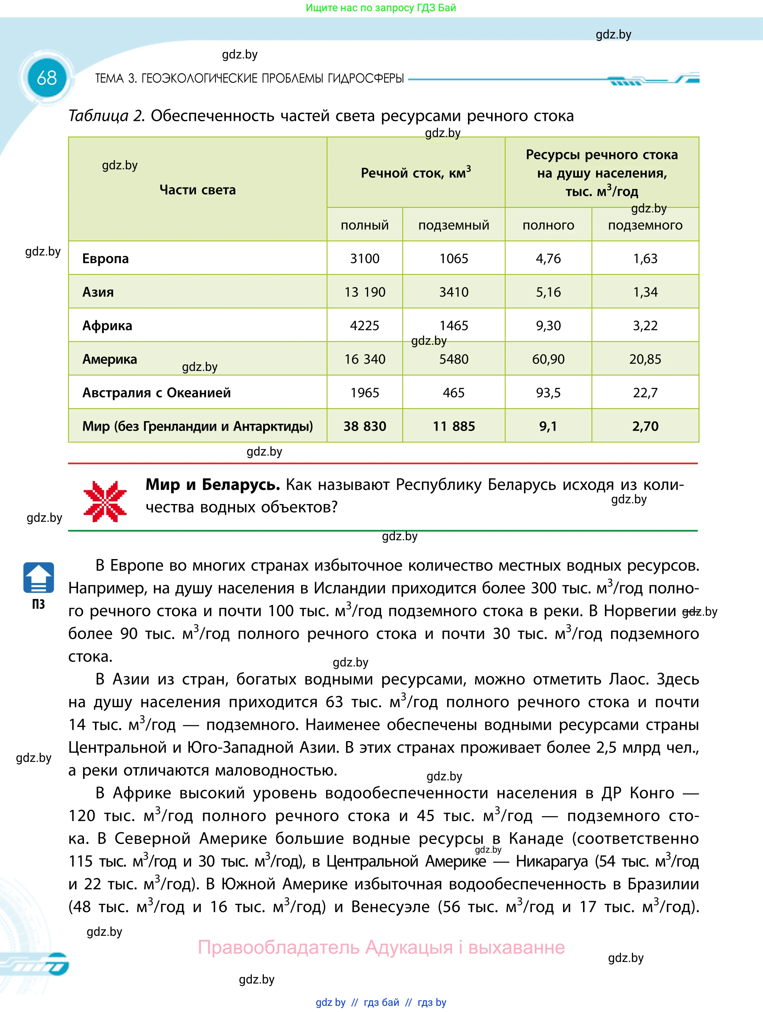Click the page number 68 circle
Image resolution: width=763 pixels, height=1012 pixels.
coord(47,78)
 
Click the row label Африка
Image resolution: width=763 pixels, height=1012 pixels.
coord(107,326)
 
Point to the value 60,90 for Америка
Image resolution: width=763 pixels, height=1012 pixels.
coord(548,359)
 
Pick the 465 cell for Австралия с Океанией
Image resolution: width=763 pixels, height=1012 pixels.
coord(453,392)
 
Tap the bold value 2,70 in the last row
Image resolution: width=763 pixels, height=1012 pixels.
coord(645,426)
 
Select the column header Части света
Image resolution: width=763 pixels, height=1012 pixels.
coord(198,190)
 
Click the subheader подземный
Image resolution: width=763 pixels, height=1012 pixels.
coord(453,225)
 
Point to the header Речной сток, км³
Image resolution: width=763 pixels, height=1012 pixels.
coord(416,172)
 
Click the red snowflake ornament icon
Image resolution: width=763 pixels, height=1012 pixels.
coord(105,501)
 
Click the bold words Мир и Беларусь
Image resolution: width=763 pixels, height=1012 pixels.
coord(213,484)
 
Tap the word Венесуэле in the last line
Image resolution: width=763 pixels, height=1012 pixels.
coord(390,907)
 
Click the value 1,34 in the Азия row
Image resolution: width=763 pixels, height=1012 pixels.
coord(645,292)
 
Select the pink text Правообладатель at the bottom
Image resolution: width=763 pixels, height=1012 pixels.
coord(279,947)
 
